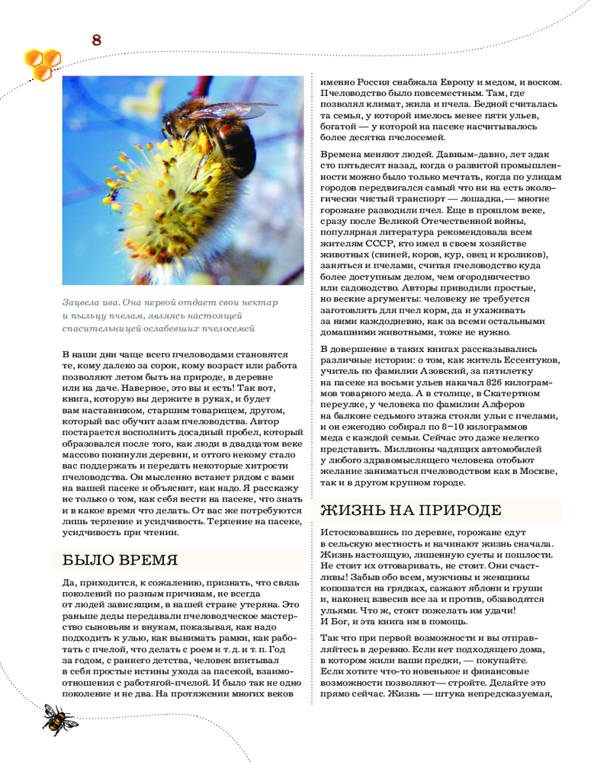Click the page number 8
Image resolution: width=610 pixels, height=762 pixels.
click(96, 40)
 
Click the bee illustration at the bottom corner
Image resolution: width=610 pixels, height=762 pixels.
click(54, 718)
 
